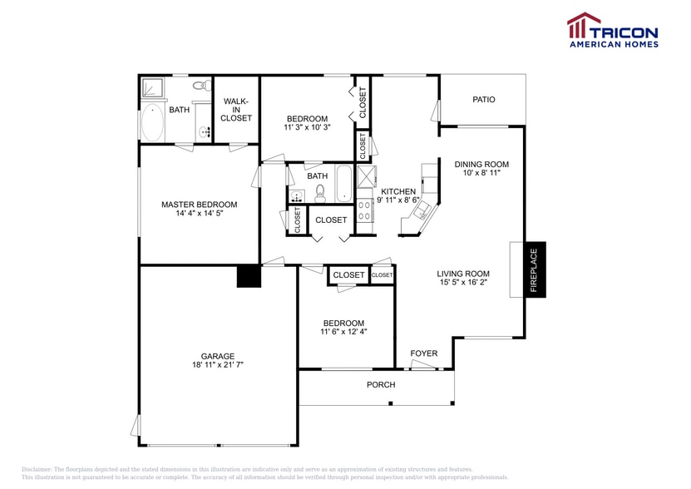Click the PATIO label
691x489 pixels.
[x=483, y=100]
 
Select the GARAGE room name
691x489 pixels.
[x=217, y=355]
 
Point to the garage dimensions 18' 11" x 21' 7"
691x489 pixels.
[x=217, y=365]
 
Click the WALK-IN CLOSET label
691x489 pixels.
[x=236, y=110]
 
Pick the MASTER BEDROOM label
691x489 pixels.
[x=199, y=205]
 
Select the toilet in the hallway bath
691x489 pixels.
[x=320, y=195]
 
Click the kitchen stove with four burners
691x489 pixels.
[x=364, y=210]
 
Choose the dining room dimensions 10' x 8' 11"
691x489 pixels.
[x=481, y=174]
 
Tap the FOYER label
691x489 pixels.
[x=424, y=353]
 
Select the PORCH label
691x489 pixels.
[x=381, y=385]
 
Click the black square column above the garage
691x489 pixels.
[x=249, y=277]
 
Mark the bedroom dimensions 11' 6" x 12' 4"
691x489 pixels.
[x=343, y=332]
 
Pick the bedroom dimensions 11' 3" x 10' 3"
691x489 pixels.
[x=308, y=128]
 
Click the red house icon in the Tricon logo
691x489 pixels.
[x=583, y=26]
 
